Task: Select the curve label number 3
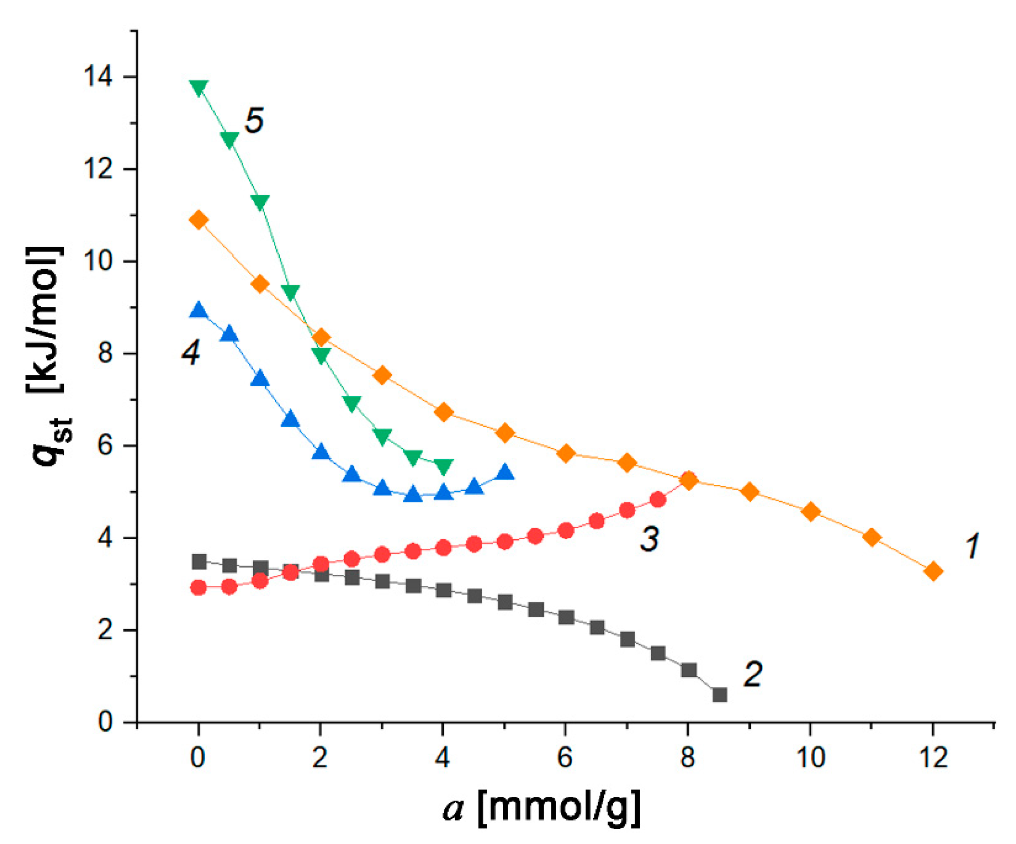pyautogui.click(x=649, y=539)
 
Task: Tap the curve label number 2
pyautogui.click(x=753, y=673)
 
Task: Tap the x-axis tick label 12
pyautogui.click(x=933, y=757)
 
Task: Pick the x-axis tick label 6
pyautogui.click(x=566, y=757)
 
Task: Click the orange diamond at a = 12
pyautogui.click(x=933, y=572)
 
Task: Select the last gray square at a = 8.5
pyautogui.click(x=720, y=695)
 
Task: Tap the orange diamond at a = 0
pyautogui.click(x=199, y=220)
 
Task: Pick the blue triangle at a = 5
pyautogui.click(x=505, y=472)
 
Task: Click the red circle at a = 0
pyautogui.click(x=199, y=588)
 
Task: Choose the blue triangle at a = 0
pyautogui.click(x=199, y=310)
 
